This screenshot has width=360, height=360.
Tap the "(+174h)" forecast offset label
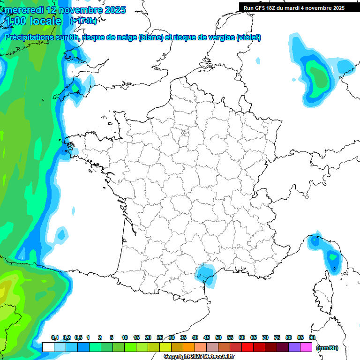(83, 21)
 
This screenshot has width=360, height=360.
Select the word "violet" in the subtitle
(248, 37)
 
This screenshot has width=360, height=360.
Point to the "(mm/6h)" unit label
(327, 348)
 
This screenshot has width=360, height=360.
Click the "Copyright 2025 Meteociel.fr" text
(199, 357)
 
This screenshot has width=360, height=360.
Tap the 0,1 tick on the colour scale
(55, 337)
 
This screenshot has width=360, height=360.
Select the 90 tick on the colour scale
(312, 337)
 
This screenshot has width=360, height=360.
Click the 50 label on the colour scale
(218, 337)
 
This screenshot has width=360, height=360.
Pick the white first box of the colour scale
(48, 347)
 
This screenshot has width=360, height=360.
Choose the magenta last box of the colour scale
(306, 347)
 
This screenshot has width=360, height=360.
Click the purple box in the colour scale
(294, 347)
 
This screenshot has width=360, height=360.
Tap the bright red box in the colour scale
(247, 347)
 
